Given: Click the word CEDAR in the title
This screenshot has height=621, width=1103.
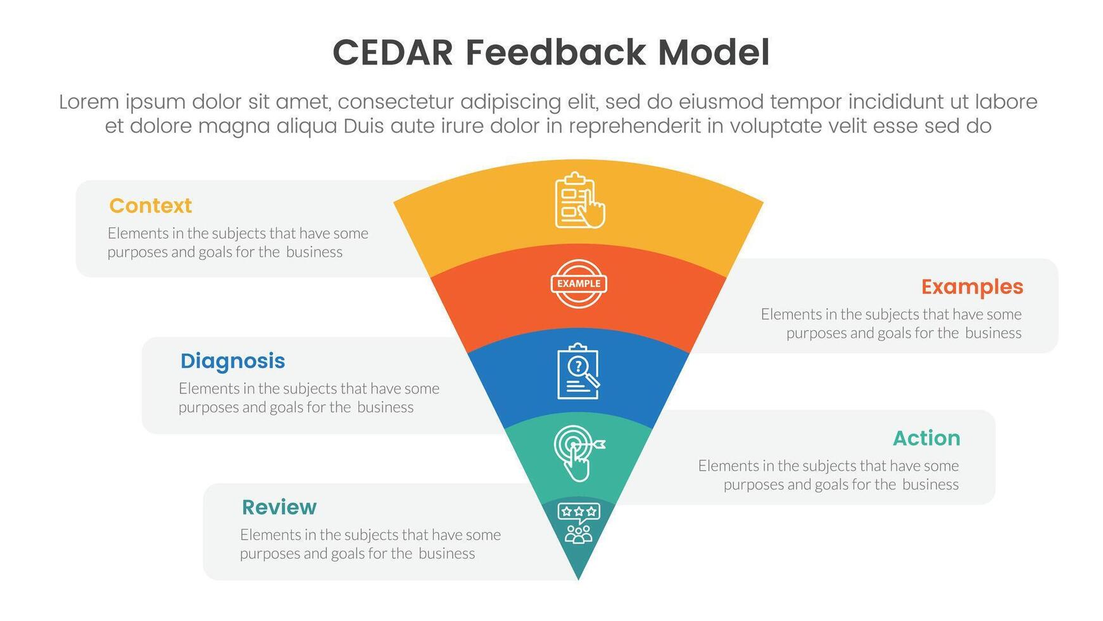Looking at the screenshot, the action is pyautogui.click(x=393, y=53).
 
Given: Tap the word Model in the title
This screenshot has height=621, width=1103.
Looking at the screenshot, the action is pyautogui.click(x=714, y=53).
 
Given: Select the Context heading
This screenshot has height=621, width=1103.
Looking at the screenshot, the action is pyautogui.click(x=150, y=206).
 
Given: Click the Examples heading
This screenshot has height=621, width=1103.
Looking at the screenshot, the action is pyautogui.click(x=972, y=287).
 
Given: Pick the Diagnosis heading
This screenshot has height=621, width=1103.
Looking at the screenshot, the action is pyautogui.click(x=232, y=361).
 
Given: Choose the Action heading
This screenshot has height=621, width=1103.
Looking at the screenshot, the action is pyautogui.click(x=926, y=439).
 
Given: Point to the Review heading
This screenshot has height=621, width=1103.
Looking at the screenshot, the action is pyautogui.click(x=279, y=508).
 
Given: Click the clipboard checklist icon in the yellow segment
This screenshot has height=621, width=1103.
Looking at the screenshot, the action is pyautogui.click(x=579, y=200).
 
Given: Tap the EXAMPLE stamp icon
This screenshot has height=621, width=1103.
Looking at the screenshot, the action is pyautogui.click(x=579, y=284).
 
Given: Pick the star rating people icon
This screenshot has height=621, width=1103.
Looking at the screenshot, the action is pyautogui.click(x=578, y=523).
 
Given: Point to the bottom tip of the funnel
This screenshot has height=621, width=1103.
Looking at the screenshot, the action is pyautogui.click(x=578, y=580).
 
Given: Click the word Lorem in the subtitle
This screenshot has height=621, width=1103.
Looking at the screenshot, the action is pyautogui.click(x=89, y=102).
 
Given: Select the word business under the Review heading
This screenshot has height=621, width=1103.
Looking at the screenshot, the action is pyautogui.click(x=446, y=554).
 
